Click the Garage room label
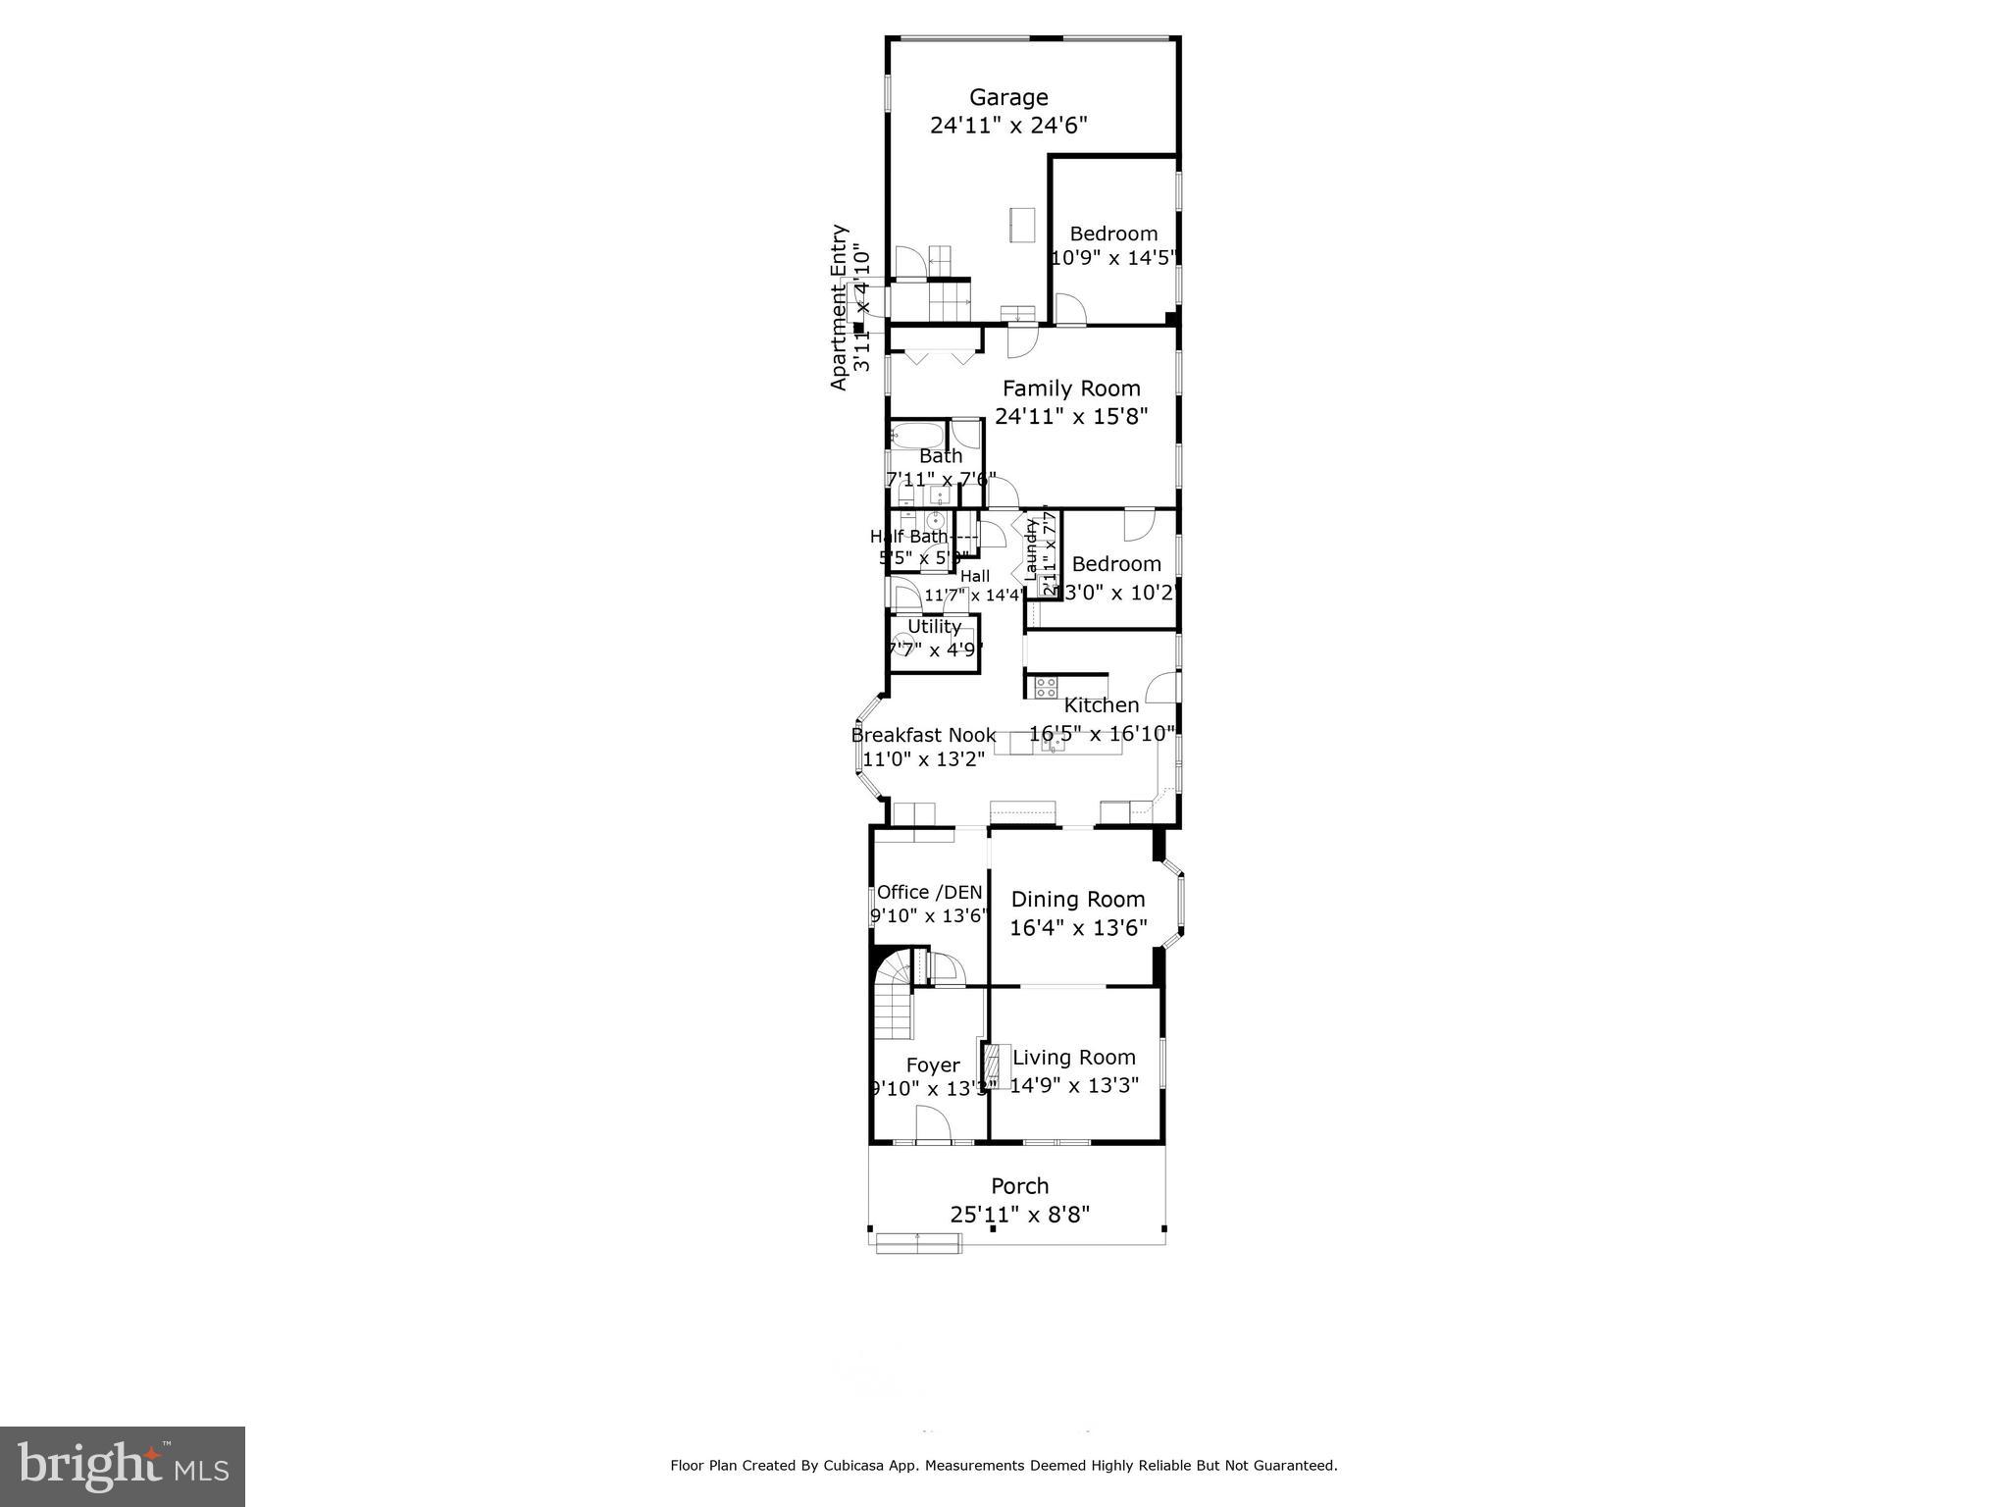point(1008,97)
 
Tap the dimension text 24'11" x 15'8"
point(1071,416)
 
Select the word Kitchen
point(1102,705)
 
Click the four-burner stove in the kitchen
point(1046,687)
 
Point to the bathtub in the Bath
point(918,434)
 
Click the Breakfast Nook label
point(923,735)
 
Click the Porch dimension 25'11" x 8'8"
point(1019,1215)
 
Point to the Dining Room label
point(1077,900)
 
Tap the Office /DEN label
point(929,892)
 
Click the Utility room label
point(934,626)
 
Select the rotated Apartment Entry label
point(839,307)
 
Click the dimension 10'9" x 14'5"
point(1113,258)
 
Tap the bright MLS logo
point(122,1466)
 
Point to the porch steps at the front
point(918,1243)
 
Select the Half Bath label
point(909,537)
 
